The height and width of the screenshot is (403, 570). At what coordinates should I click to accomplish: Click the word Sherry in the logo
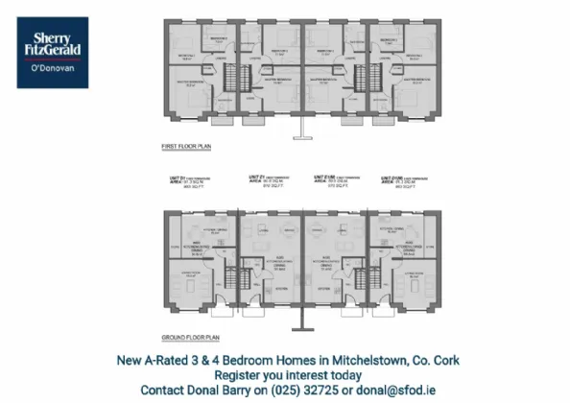coord(52,36)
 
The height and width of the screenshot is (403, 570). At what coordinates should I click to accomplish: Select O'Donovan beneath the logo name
coord(52,71)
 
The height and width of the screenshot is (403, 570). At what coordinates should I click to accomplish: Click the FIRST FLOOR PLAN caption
coord(186,146)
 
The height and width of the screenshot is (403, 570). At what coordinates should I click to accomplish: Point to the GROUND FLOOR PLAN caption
coord(189,338)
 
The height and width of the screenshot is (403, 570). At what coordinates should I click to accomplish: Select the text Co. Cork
coord(435,361)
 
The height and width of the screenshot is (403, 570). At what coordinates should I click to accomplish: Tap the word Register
coord(242,375)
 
